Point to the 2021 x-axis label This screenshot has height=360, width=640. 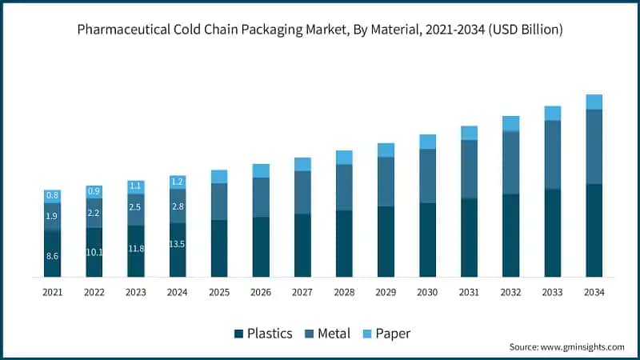click(x=53, y=293)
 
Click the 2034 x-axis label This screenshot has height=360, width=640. click(x=594, y=293)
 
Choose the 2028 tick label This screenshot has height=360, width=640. click(x=344, y=293)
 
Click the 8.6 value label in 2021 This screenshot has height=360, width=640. click(x=53, y=256)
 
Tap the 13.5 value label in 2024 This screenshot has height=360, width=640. click(x=178, y=244)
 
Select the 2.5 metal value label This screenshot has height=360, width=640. click(x=136, y=208)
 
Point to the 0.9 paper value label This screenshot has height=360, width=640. click(x=94, y=191)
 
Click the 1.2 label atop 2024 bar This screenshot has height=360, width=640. click(x=178, y=182)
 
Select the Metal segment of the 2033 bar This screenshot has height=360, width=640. click(x=552, y=154)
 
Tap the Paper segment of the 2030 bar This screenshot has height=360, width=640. click(x=427, y=142)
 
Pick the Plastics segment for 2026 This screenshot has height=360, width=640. click(x=261, y=246)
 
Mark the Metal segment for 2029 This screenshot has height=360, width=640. click(x=386, y=182)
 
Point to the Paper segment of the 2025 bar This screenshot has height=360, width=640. click(x=219, y=176)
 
